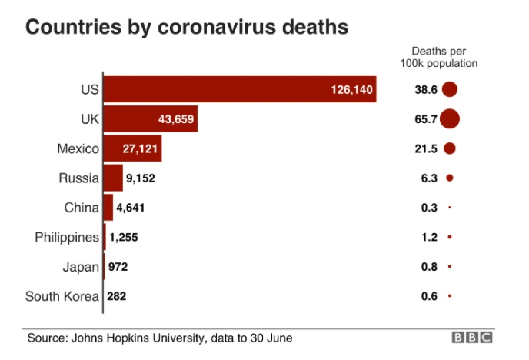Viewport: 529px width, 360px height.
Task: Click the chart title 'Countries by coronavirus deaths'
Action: point(188,27)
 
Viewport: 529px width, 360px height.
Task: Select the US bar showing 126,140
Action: point(239,89)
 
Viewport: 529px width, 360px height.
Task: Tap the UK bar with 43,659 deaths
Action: point(150,119)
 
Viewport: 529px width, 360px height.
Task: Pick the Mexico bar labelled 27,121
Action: point(132,148)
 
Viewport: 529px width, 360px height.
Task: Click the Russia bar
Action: point(113,178)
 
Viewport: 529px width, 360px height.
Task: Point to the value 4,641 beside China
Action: point(131,208)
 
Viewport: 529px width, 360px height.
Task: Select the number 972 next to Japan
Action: point(118,267)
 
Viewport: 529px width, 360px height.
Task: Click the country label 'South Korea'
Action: point(62,296)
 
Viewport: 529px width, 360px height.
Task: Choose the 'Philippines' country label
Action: point(67,237)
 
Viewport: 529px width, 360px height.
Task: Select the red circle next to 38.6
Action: point(449,89)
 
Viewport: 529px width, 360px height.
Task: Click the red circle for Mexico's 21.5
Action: point(449,148)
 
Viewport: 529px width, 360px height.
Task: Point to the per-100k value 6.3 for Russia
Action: point(428,178)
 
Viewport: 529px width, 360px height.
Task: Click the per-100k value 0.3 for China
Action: point(428,208)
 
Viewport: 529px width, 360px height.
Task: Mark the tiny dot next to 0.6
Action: point(449,296)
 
